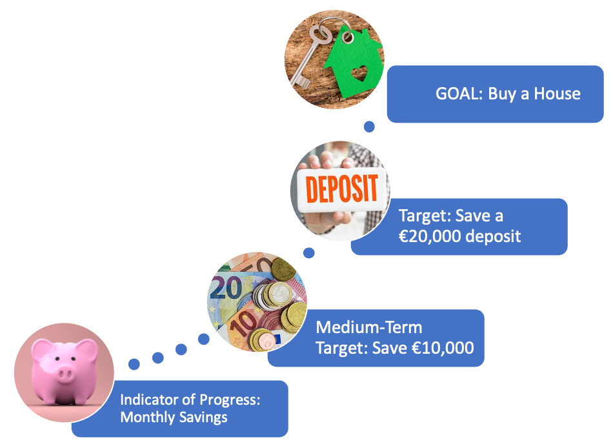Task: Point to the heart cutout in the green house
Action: pos(359,73)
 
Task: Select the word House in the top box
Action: pos(557,94)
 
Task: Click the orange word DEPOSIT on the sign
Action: pos(342,189)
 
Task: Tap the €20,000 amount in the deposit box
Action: pos(430,236)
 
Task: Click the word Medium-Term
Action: pos(368,327)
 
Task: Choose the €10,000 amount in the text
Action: pos(443,348)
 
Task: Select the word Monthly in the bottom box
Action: pos(147,418)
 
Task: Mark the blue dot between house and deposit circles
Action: pos(369,127)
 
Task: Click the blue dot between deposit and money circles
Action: pos(309,253)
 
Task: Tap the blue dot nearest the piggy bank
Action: pos(134,364)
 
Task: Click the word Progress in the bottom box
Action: pos(230,400)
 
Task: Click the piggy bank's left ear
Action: pos(42,349)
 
